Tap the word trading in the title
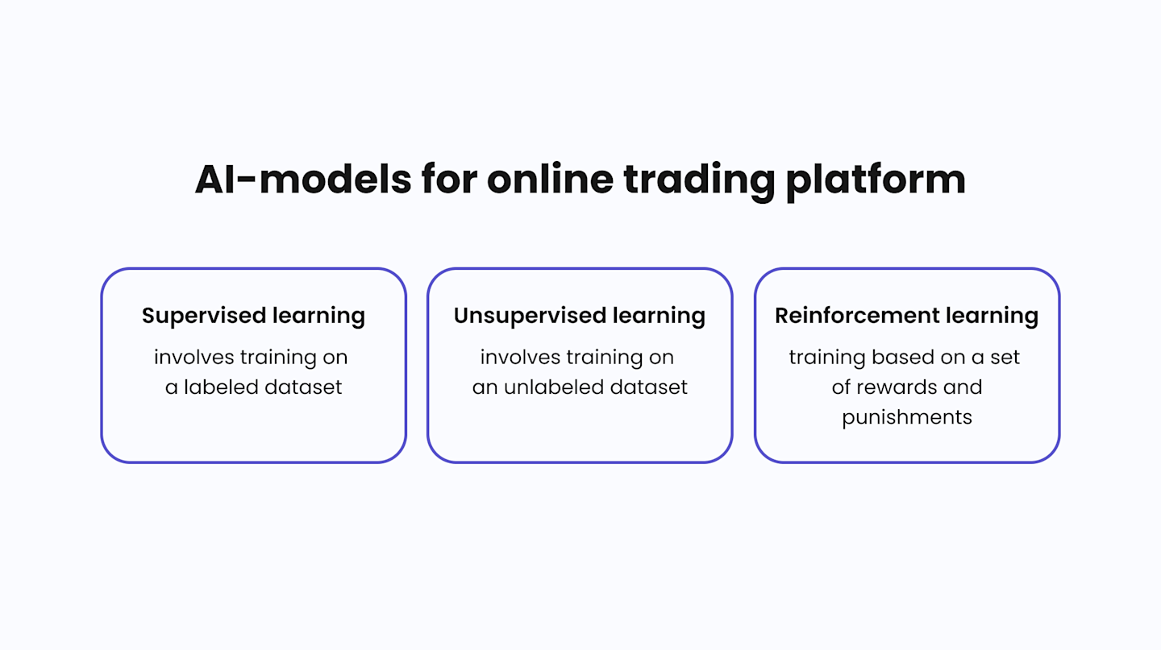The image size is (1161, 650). click(698, 179)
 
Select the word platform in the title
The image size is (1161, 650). click(875, 179)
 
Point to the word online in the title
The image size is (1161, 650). click(550, 179)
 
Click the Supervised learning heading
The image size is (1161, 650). click(253, 315)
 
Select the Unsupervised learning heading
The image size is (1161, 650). click(579, 315)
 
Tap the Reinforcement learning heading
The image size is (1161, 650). click(906, 315)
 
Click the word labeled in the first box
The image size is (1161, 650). click(223, 387)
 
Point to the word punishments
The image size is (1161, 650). click(907, 417)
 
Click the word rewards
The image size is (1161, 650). click(897, 387)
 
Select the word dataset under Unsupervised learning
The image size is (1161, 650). click(648, 387)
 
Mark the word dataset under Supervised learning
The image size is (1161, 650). click(305, 387)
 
